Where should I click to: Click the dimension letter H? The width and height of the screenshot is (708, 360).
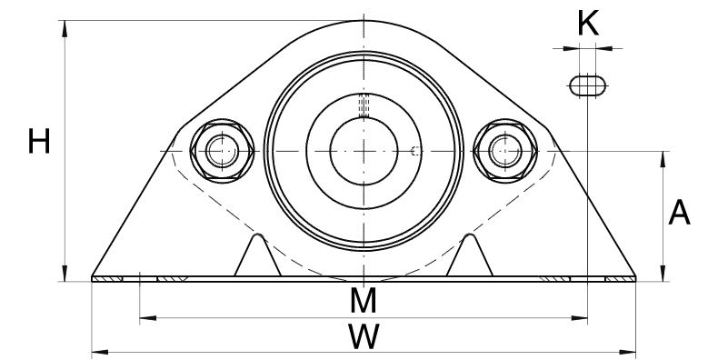pos(39,142)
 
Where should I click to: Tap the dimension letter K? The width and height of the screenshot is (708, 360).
pos(588,24)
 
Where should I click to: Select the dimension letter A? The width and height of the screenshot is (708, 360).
pos(679,213)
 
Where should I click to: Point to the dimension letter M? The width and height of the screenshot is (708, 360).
pos(363,301)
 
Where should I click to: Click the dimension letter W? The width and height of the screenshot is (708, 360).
pos(364,336)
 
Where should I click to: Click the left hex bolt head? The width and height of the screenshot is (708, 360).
pos(222,151)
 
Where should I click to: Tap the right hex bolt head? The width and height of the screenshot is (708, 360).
pos(505,151)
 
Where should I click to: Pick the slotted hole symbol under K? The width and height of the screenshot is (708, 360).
pos(587,85)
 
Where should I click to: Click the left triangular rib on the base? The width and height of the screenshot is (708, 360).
pos(257,256)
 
